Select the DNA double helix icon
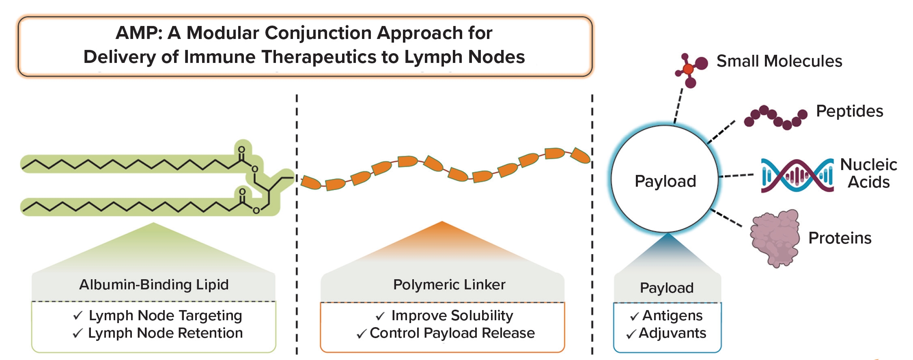pos(797,175)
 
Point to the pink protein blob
pos(774,237)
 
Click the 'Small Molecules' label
pos(779,61)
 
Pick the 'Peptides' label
pos(849,111)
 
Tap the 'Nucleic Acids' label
pos(868,173)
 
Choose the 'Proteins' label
pos(840,238)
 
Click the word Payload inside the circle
pos(665,181)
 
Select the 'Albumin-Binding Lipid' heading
pos(154,285)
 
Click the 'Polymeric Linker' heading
pos(449,285)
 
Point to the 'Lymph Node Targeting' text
pos(165,315)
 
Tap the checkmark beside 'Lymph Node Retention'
pos(78,333)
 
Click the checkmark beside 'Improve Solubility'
pos(380,316)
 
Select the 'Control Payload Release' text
pos(452,333)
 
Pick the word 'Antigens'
pos(672,315)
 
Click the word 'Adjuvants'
pos(672,333)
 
